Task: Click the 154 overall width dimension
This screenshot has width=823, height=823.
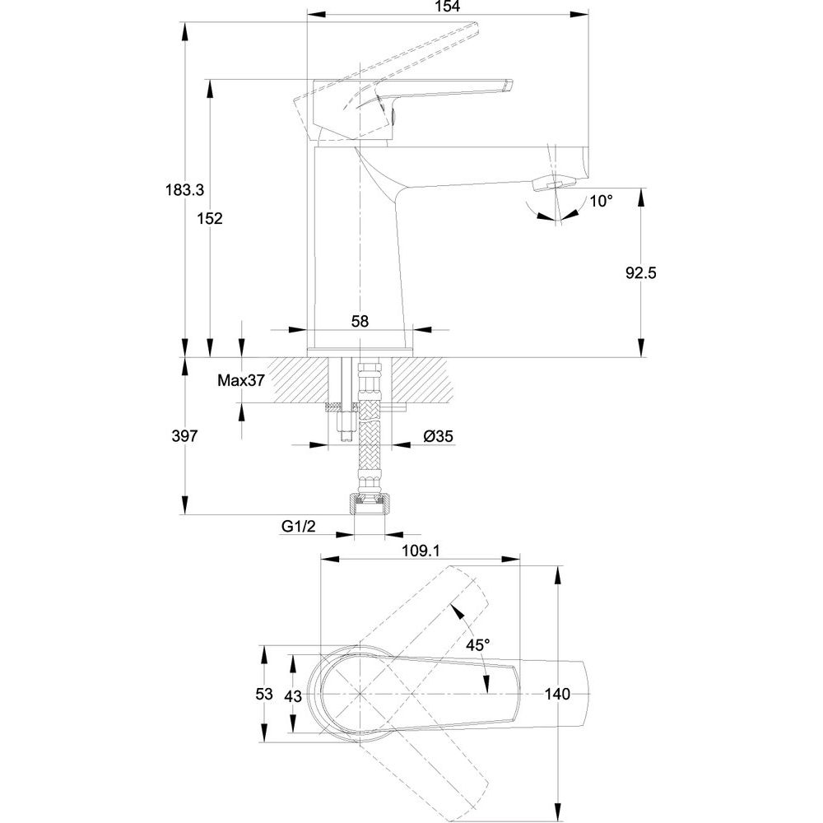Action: [x=448, y=7]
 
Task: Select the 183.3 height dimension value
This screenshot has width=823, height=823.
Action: [x=184, y=189]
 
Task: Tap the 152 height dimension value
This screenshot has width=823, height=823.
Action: [x=210, y=218]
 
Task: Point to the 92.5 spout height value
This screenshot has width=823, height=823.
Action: [x=641, y=273]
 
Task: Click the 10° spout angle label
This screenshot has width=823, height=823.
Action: [x=601, y=201]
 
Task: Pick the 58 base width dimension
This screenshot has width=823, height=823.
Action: [x=360, y=321]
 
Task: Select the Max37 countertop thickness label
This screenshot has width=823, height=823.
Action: [x=241, y=380]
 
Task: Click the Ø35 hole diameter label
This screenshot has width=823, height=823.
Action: [x=439, y=435]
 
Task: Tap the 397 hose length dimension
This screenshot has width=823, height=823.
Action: [x=184, y=435]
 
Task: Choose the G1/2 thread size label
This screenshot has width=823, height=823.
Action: [x=299, y=526]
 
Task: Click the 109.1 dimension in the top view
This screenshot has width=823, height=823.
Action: [x=421, y=551]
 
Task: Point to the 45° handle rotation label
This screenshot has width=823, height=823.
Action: [x=478, y=644]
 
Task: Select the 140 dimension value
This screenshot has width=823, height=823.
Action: [x=557, y=694]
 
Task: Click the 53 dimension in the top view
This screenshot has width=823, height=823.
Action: [x=264, y=694]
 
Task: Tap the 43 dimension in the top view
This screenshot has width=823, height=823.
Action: [x=293, y=696]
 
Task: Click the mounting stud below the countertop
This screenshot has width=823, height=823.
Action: [x=345, y=425]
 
